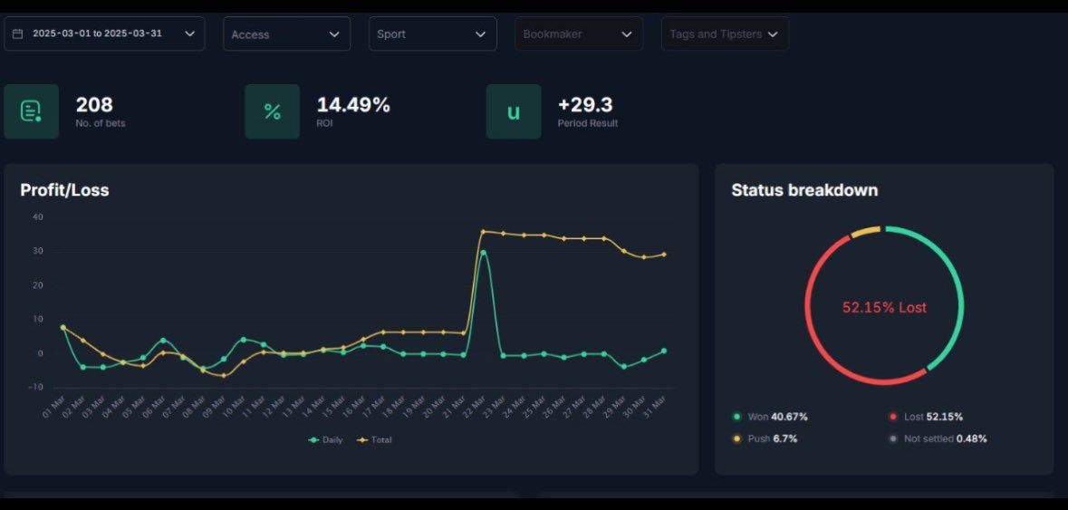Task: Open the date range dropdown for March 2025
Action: point(104,34)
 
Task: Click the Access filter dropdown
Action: point(286,34)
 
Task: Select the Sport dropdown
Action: point(432,34)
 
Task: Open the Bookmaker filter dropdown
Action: point(578,34)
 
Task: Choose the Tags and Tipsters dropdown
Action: point(724,34)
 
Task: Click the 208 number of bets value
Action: point(94,105)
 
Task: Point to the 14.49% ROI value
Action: point(353,105)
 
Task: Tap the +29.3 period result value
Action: point(585,105)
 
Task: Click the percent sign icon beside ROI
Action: point(272,111)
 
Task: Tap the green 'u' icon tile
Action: point(513,111)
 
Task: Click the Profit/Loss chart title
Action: point(64,190)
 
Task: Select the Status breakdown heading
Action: point(804,190)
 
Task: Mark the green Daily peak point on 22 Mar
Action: point(484,253)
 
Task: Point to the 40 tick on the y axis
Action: point(37,217)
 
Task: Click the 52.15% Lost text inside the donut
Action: point(884,308)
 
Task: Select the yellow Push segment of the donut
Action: point(865,232)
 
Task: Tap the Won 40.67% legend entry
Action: point(771,417)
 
